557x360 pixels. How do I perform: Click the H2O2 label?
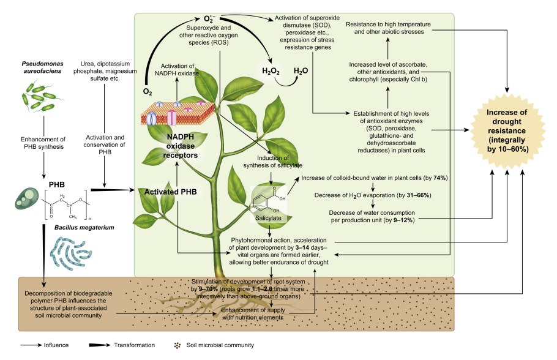[x=271, y=72]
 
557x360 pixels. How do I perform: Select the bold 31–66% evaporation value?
[x=419, y=195]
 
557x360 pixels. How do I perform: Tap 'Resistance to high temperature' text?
[x=386, y=24]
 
